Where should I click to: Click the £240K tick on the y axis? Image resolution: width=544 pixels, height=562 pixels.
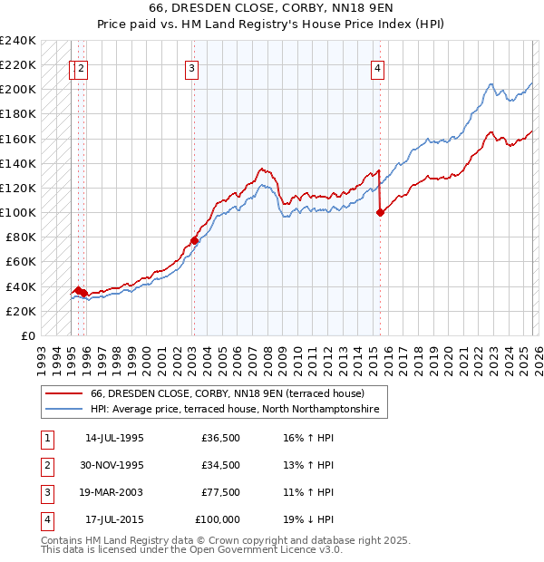[x=18, y=41]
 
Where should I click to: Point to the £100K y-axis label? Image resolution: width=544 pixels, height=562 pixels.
[x=18, y=212]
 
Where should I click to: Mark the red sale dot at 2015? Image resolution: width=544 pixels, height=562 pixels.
[x=379, y=212]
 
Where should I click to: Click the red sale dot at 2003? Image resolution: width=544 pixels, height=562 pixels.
[x=194, y=240]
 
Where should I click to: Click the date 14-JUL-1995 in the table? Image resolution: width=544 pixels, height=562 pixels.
[x=114, y=438]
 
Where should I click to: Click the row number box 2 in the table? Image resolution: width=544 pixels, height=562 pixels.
[x=46, y=465]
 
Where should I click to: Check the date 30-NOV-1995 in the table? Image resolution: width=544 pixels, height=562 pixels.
[x=115, y=465]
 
